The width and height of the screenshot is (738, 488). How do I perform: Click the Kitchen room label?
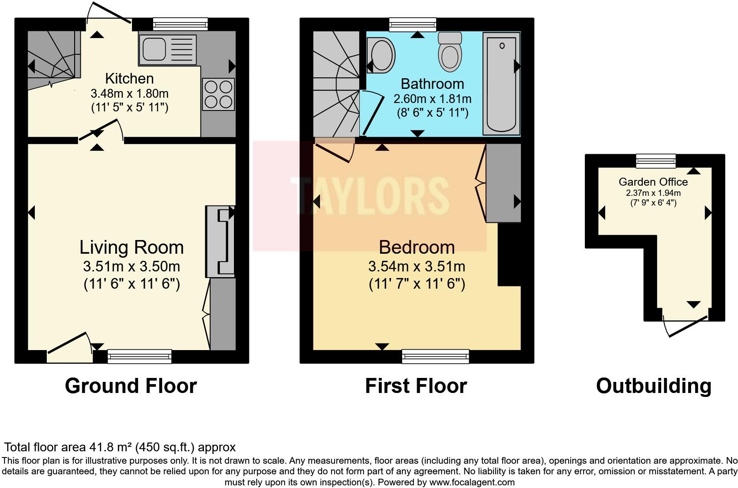click(x=129, y=79)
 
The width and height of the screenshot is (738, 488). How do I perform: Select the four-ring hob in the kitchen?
click(x=218, y=94)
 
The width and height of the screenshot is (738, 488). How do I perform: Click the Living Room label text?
click(x=132, y=247)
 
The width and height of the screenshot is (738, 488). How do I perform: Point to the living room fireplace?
click(x=220, y=241)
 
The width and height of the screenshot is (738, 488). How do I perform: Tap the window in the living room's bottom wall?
click(x=139, y=356)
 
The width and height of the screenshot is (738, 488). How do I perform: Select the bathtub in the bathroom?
click(x=501, y=84)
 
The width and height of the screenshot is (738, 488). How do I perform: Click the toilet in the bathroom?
click(x=450, y=52)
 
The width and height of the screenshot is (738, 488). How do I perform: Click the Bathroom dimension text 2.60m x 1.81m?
click(x=432, y=99)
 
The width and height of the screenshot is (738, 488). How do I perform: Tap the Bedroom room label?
click(x=417, y=247)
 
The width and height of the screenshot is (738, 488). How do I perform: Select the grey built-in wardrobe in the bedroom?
click(x=504, y=183)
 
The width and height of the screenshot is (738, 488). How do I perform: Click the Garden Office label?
click(x=653, y=182)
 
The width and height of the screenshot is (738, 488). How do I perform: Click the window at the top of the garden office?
click(x=655, y=161)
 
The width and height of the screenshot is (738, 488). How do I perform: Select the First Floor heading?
click(x=416, y=386)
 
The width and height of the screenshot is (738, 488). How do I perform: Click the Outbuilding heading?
click(x=654, y=386)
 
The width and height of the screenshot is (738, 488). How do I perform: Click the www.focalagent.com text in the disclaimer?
click(x=472, y=482)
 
